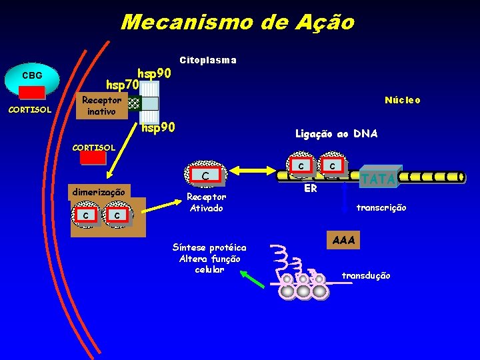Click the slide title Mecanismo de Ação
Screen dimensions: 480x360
(237, 22)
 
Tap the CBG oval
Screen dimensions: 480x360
(32, 75)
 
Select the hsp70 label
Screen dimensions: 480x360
(123, 85)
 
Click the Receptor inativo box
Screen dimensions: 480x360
(101, 106)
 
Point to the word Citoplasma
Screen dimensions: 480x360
(208, 60)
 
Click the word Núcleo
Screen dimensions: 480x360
(402, 100)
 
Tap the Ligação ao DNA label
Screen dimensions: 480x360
(336, 134)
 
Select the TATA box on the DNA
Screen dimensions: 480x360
(379, 178)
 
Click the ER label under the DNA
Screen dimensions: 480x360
(310, 189)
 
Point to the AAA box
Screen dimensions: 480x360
(343, 240)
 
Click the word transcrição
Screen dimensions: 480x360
(381, 208)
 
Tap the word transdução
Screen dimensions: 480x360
(366, 275)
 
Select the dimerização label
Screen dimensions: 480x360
(101, 191)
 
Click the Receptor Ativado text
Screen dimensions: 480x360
(206, 202)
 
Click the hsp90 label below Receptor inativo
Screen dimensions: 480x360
(159, 127)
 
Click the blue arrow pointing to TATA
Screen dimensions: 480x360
(344, 195)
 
